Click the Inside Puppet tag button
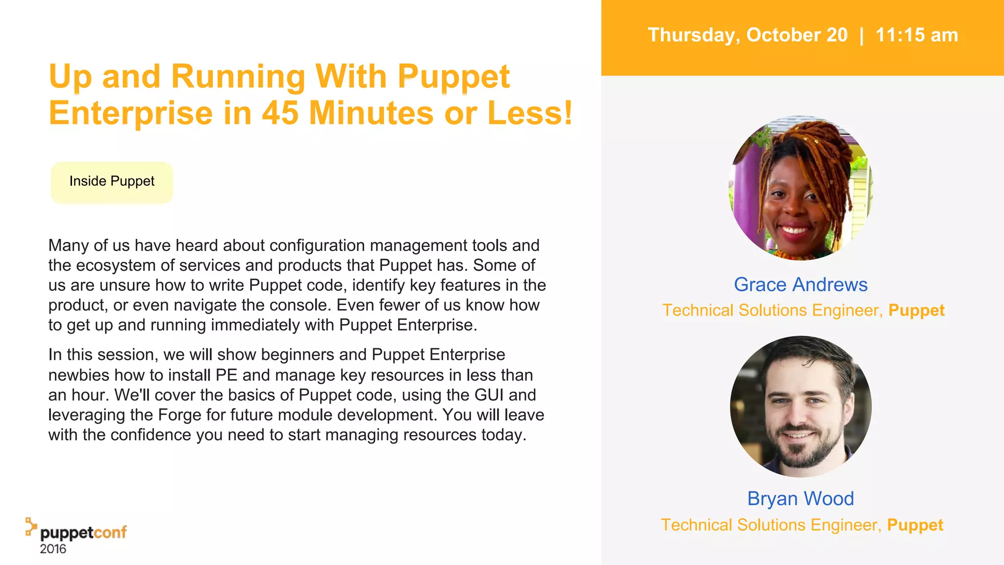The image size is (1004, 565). click(x=112, y=181)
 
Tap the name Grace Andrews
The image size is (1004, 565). click(x=800, y=284)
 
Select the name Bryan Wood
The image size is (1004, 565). click(x=800, y=499)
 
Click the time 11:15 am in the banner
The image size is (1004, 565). click(x=916, y=35)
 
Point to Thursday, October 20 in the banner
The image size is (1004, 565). click(x=747, y=35)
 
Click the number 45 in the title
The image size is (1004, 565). click(x=280, y=113)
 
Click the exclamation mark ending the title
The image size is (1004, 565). click(x=568, y=113)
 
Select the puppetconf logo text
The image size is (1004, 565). click(x=83, y=533)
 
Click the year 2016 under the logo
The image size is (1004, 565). click(x=53, y=549)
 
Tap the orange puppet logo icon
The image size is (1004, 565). click(x=31, y=526)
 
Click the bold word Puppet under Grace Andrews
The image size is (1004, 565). click(x=916, y=310)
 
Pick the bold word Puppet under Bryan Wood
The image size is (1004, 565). click(x=915, y=525)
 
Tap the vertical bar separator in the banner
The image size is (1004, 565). click(x=861, y=35)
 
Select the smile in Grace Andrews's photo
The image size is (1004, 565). click(x=794, y=229)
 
